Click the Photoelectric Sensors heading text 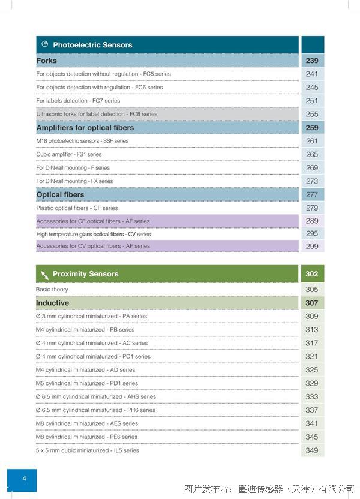[92, 45]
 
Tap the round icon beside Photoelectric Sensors [45, 44]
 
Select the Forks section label [46, 61]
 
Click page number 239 [312, 61]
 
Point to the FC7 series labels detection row [78, 101]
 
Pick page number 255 [312, 114]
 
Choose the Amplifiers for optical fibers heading [85, 128]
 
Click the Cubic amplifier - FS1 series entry [69, 154]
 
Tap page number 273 [312, 181]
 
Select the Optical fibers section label [60, 194]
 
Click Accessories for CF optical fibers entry [93, 221]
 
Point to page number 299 [312, 246]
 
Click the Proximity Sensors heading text [85, 273]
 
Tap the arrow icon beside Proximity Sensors [44, 275]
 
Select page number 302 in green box [312, 273]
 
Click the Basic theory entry [52, 289]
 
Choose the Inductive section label [52, 303]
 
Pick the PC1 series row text [93, 356]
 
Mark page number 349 [311, 450]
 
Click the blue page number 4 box [22, 480]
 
